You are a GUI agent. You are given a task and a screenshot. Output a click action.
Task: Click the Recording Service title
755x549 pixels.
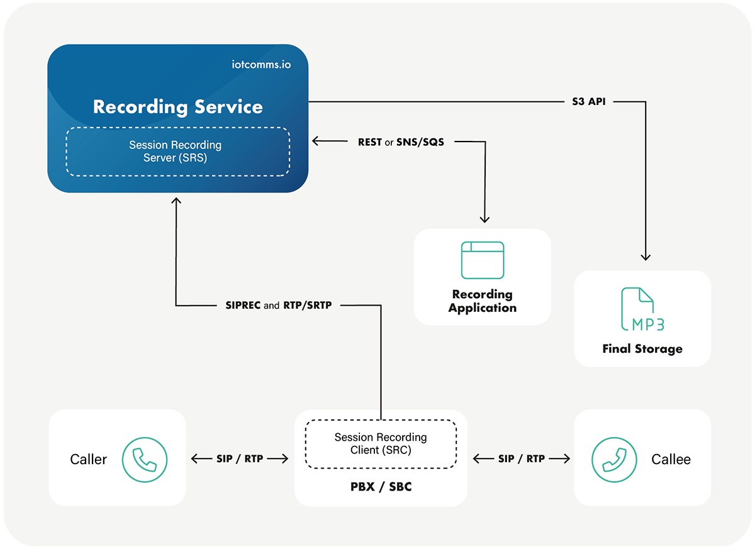(177, 106)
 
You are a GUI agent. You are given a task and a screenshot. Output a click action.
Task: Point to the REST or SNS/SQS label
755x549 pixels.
(401, 142)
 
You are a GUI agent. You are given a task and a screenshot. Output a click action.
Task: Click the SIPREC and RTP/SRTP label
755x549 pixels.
(278, 305)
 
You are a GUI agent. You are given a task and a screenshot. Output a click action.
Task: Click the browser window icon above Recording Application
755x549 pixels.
(482, 260)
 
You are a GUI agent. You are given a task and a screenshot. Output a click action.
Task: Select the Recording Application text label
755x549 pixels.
(482, 301)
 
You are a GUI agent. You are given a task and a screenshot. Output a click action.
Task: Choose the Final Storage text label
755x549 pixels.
(642, 348)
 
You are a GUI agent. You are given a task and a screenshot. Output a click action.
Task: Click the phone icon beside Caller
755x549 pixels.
(145, 459)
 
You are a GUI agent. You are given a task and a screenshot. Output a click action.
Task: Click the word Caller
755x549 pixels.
(88, 460)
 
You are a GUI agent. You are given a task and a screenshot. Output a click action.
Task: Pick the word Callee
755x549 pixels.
(671, 460)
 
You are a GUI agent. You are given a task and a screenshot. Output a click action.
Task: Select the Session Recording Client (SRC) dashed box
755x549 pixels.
(381, 444)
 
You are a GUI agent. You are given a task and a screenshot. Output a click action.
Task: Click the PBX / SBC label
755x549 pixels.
(381, 487)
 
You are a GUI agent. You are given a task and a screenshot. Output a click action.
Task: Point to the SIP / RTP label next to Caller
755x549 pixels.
(240, 459)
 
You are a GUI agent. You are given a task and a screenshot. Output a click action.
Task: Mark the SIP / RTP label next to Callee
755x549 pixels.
(522, 459)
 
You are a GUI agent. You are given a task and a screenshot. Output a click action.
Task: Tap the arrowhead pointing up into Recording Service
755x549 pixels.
(176, 201)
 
